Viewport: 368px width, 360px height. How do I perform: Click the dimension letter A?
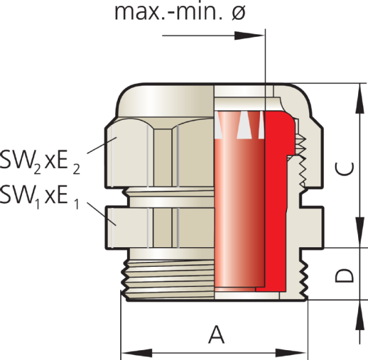(x=215, y=335)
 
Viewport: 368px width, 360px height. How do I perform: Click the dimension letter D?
(x=347, y=274)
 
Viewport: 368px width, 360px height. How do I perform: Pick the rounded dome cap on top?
(x=166, y=98)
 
